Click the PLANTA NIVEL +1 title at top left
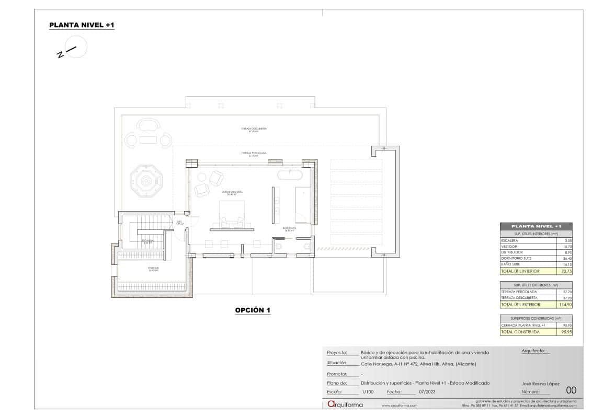[x=82, y=25]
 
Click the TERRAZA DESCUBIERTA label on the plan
[x=254, y=129]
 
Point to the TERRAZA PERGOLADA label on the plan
[x=254, y=154]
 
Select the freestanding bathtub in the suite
[x=290, y=175]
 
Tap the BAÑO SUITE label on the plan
[x=290, y=229]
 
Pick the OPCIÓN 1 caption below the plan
[x=253, y=310]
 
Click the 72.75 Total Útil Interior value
[x=564, y=272]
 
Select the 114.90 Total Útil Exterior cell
[x=563, y=304]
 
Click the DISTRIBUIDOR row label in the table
[x=512, y=252]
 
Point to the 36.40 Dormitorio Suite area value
[x=564, y=259]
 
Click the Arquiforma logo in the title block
[x=345, y=404]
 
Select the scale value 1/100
[x=367, y=391]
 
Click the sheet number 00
[x=571, y=389]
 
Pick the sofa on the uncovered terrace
[x=148, y=125]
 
